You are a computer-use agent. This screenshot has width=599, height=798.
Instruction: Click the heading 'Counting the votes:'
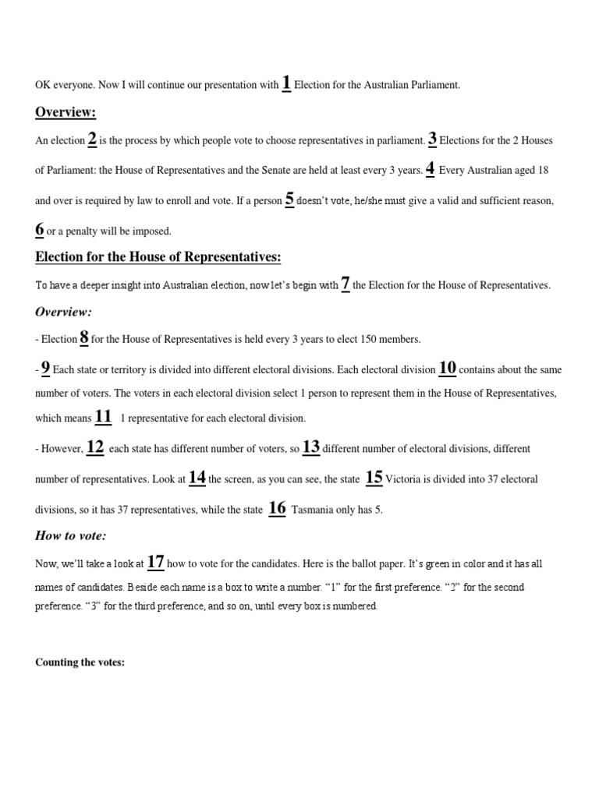(80, 662)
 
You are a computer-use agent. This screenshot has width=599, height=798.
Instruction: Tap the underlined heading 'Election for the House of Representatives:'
(158, 258)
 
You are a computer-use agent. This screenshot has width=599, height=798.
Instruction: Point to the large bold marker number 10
(448, 367)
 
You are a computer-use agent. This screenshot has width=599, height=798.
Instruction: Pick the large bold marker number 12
(95, 447)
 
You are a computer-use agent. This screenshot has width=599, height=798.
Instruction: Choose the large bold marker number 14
(197, 478)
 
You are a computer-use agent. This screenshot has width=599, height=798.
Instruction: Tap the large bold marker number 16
(277, 508)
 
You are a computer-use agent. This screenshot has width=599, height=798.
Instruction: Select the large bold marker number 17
(155, 561)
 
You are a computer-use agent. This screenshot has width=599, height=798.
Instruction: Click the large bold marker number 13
(311, 447)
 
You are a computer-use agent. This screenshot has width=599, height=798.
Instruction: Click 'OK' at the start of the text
(42, 86)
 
